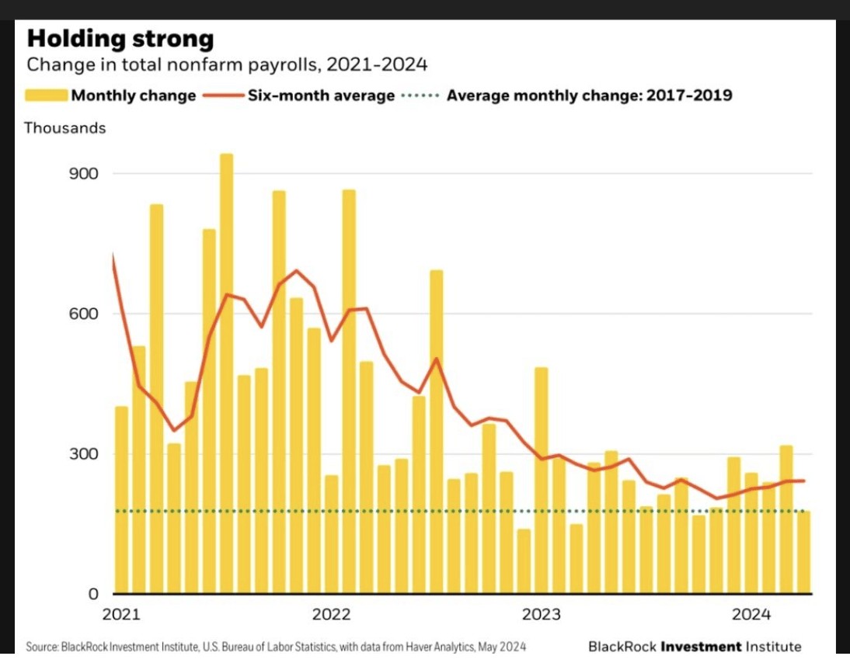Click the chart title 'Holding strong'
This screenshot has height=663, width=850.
pos(120,39)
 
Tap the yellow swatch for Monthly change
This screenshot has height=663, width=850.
pos(47,95)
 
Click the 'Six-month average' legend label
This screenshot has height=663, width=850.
pos(322,95)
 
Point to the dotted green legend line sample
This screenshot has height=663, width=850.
pos(420,95)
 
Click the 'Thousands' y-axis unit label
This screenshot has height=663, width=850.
pos(65,128)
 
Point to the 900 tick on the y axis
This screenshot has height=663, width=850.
pos(83,173)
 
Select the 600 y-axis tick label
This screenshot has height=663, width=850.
pos(83,314)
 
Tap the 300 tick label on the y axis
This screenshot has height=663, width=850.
pos(83,454)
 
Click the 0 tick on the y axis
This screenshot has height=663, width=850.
pos(93,594)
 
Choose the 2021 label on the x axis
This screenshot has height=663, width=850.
pos(121,614)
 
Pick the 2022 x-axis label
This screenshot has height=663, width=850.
pos(331,614)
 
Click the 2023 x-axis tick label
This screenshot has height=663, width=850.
pos(541,614)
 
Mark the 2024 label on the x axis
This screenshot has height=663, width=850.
pos(751,614)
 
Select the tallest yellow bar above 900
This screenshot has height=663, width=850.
pos(227,373)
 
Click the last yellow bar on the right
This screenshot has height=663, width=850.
pos(804,553)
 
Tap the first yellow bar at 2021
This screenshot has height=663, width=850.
pos(122,500)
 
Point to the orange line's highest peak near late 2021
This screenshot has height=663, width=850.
pos(296,270)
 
